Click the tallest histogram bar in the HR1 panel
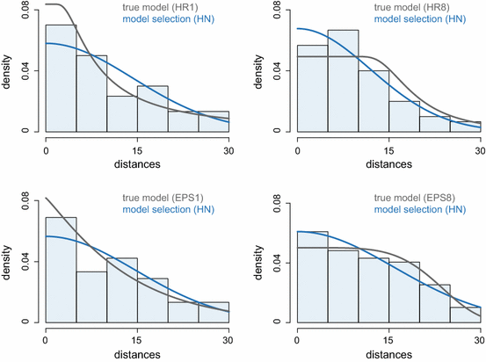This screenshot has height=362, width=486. (61, 79)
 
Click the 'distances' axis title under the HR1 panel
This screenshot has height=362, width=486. (137, 163)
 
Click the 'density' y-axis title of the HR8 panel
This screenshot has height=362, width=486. (263, 68)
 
